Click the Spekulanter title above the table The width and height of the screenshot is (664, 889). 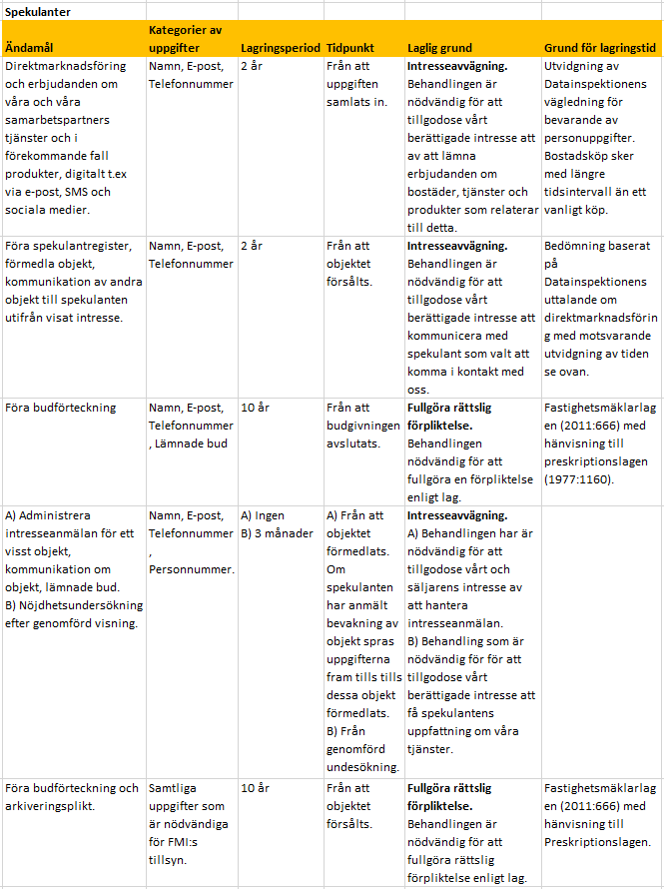[35, 11]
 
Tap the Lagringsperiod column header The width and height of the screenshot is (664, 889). [280, 47]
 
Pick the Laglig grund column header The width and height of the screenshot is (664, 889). [439, 47]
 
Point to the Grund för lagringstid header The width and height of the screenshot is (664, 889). [599, 47]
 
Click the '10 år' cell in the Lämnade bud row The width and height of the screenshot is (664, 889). [256, 408]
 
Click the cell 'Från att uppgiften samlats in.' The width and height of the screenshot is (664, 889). [357, 84]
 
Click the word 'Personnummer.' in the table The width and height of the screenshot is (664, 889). [193, 569]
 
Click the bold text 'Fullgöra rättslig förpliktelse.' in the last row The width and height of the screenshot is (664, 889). [449, 797]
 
